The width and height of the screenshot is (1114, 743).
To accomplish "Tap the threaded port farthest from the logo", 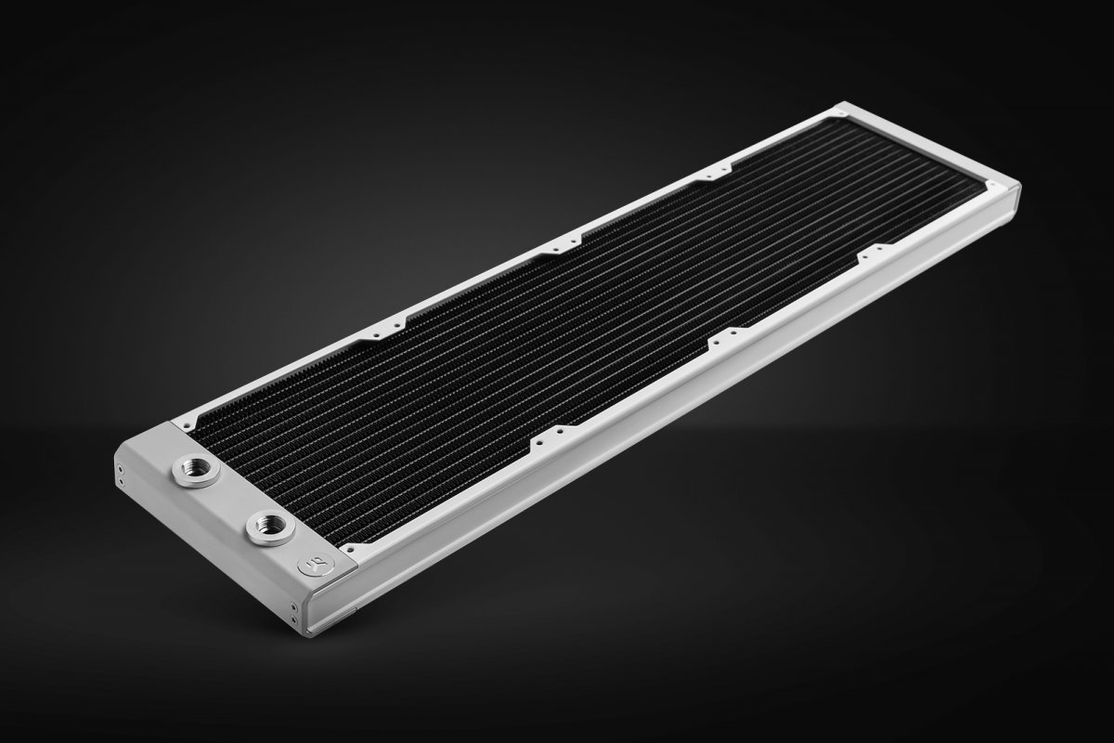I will (195, 470).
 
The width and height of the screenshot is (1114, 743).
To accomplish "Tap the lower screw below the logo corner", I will (295, 620).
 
